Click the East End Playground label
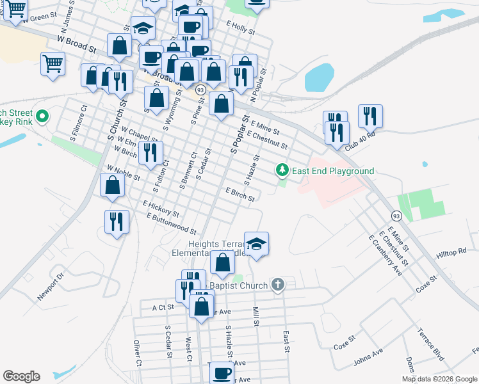point(333,171)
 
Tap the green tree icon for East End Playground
point(281,170)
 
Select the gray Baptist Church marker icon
point(277,284)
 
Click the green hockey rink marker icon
point(42,116)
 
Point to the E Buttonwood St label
point(170,224)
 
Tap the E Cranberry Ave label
point(385,255)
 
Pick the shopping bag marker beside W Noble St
point(113,184)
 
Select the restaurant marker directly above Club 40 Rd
point(370,116)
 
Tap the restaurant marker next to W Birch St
point(150,152)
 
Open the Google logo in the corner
point(21,376)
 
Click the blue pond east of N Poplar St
point(319,78)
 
